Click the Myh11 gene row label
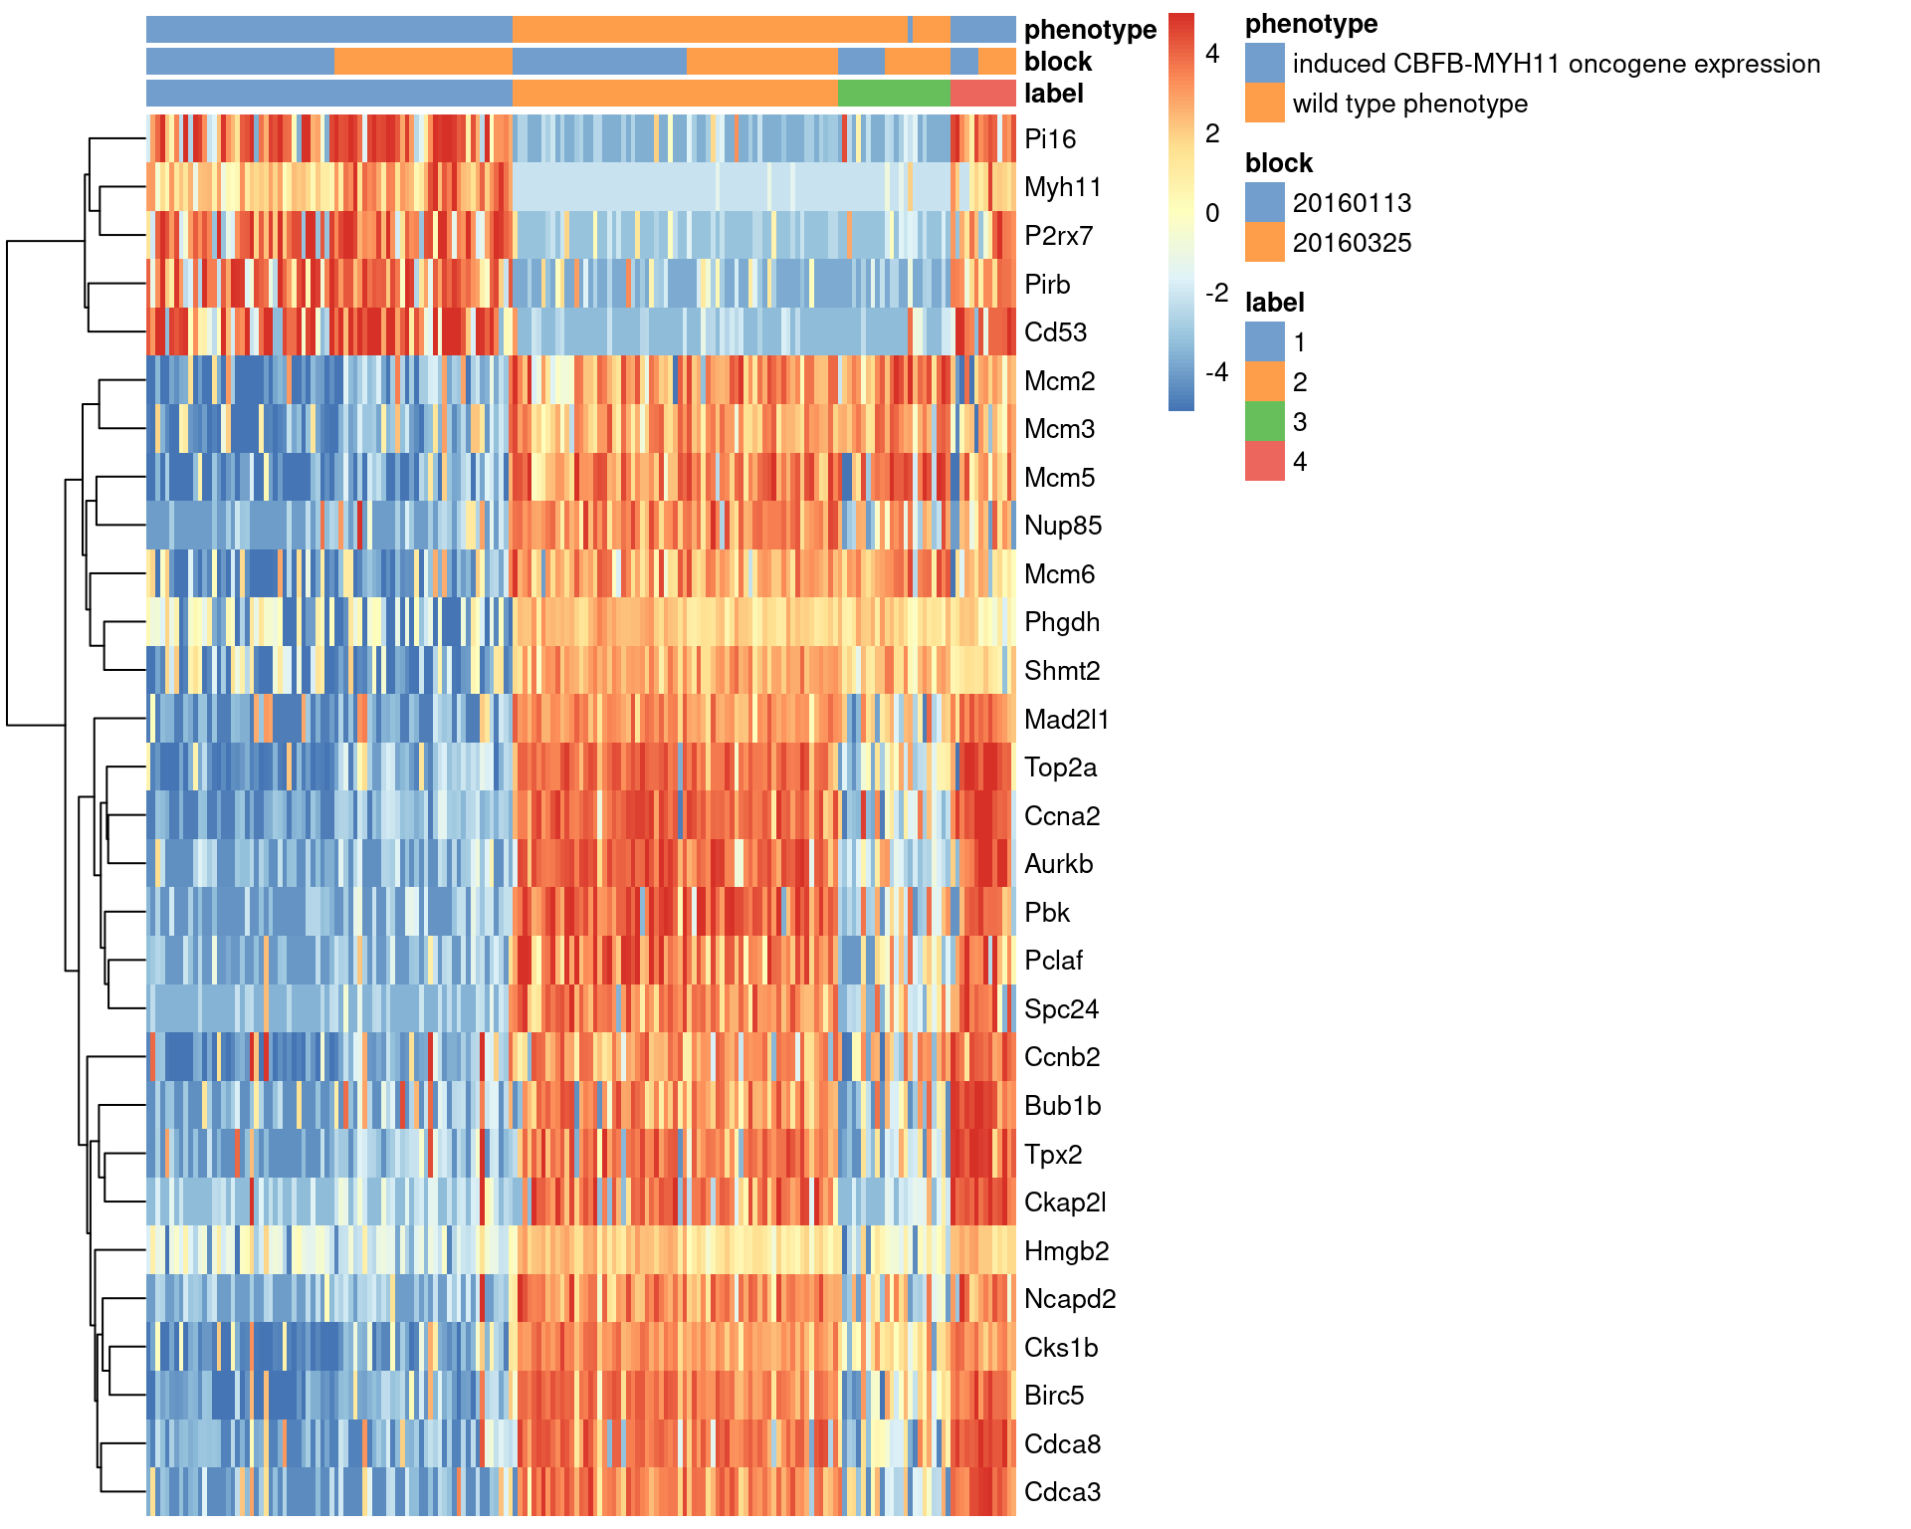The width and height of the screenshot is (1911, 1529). (1062, 187)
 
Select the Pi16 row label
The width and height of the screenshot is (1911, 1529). (1050, 139)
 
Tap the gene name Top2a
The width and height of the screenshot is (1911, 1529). (1060, 767)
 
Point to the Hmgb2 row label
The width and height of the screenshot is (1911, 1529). (1066, 1251)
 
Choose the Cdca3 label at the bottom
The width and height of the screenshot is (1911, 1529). (1062, 1492)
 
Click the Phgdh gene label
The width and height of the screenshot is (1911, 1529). (1062, 622)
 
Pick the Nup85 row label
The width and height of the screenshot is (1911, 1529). (1063, 526)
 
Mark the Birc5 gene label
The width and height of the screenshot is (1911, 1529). (1054, 1396)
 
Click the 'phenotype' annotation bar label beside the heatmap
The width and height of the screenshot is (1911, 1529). (1090, 30)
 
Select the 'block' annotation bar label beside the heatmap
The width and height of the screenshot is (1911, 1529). (1058, 62)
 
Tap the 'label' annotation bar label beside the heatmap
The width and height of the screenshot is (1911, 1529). (1053, 94)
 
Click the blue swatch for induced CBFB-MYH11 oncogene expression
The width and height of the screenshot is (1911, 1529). (1264, 63)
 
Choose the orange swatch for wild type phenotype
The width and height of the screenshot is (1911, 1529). (1264, 103)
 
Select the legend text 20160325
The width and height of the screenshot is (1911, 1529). (1352, 243)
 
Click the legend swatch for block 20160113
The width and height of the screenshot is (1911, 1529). (1264, 202)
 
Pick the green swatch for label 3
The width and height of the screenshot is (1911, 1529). (1264, 421)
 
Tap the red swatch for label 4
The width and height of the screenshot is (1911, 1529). (1264, 461)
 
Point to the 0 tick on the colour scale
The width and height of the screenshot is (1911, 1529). (1212, 213)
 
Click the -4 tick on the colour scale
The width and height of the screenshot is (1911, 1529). (1216, 372)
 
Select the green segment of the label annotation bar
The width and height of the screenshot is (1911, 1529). (894, 94)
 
